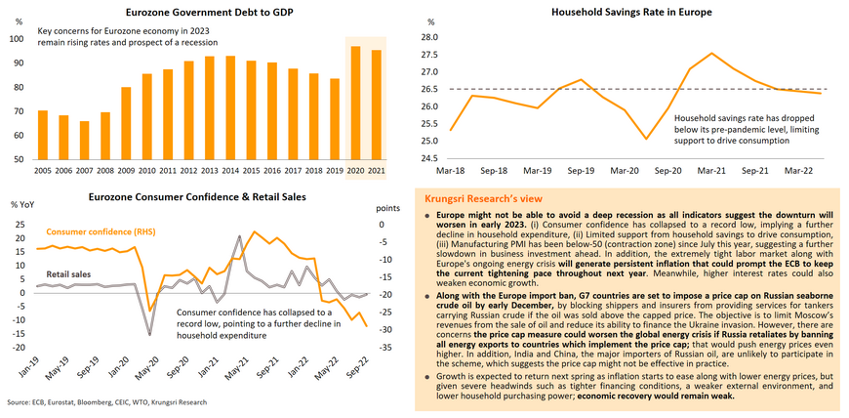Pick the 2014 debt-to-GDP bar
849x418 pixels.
[229, 107]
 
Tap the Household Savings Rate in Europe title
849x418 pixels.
[631, 13]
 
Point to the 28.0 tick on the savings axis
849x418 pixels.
[426, 37]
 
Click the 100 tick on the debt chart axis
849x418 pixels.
[17, 39]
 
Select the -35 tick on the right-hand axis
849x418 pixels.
[385, 347]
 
